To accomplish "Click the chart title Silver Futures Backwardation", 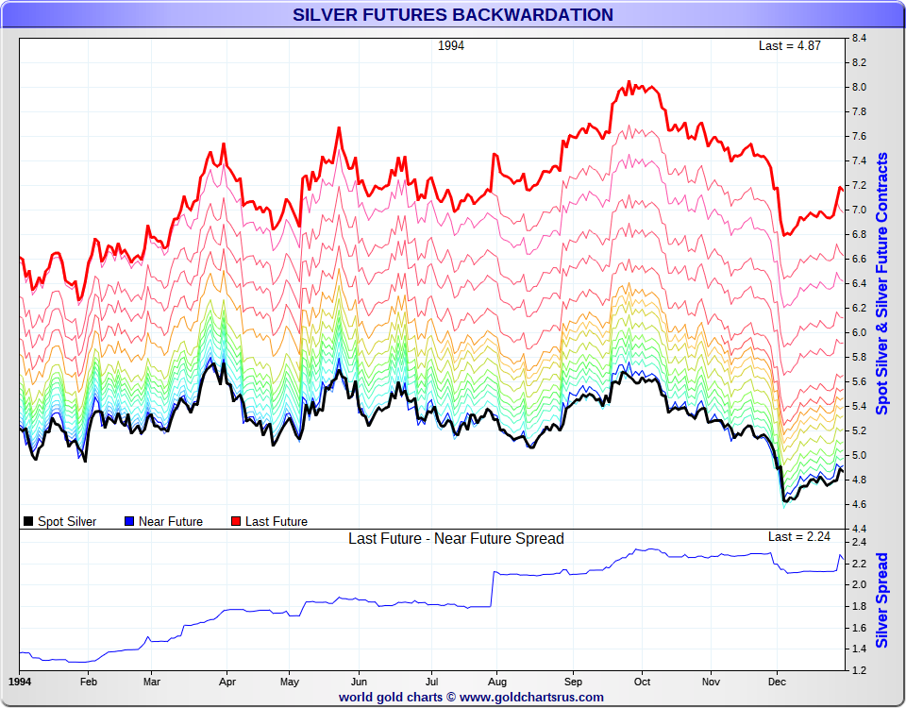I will tap(453, 15).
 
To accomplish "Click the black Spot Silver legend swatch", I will tap(28, 521).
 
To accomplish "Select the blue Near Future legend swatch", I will tap(129, 521).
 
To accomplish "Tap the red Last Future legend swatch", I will tap(236, 521).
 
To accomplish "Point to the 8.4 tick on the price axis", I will tap(859, 39).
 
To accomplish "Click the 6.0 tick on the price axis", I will tap(859, 332).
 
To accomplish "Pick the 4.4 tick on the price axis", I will tap(859, 529).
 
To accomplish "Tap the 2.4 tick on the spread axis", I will tap(859, 543).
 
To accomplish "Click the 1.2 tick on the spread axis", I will tap(859, 670).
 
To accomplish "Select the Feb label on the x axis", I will tap(88, 681).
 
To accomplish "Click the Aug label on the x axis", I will tap(498, 681).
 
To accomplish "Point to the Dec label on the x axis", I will tap(778, 681).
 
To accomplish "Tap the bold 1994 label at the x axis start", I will tap(19, 681).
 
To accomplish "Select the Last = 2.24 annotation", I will tap(799, 537).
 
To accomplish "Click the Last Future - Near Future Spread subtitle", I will tap(456, 539).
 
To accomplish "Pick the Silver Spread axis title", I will tap(882, 600).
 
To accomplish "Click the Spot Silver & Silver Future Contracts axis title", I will tap(882, 283).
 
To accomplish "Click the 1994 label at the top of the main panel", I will tap(451, 45).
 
